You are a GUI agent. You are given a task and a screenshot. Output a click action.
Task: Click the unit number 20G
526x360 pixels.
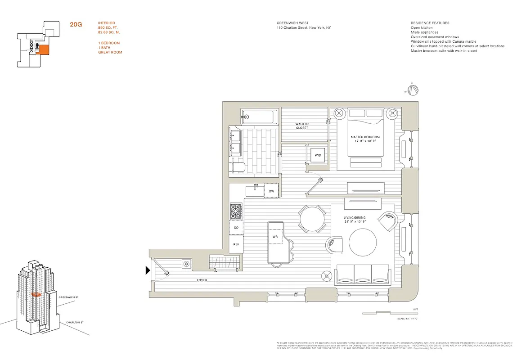click(76, 24)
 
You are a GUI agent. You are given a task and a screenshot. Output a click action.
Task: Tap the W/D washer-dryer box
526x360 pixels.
click(318, 155)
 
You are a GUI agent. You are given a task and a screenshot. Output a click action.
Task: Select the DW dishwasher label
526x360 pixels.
click(271, 191)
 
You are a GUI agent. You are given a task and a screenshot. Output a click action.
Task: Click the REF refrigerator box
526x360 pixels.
click(236, 244)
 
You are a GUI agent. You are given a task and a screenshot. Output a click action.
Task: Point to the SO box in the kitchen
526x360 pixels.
click(236, 228)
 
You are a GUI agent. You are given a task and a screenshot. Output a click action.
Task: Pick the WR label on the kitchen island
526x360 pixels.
click(274, 236)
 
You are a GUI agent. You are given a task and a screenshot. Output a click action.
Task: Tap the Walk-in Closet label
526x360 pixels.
click(302, 126)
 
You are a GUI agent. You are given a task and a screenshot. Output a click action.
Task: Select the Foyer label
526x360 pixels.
click(202, 280)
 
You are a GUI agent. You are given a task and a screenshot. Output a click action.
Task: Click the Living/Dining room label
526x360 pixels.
click(355, 220)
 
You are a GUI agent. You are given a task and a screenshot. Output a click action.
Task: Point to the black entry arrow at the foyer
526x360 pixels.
click(147, 270)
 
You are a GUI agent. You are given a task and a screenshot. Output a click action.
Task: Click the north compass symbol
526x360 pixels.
click(413, 90)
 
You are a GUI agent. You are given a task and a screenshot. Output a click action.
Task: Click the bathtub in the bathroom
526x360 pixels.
click(259, 117)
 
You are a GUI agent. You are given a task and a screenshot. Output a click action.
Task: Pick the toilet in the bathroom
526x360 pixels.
click(237, 168)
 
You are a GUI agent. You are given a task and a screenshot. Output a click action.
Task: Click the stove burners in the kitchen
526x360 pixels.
click(236, 211)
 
